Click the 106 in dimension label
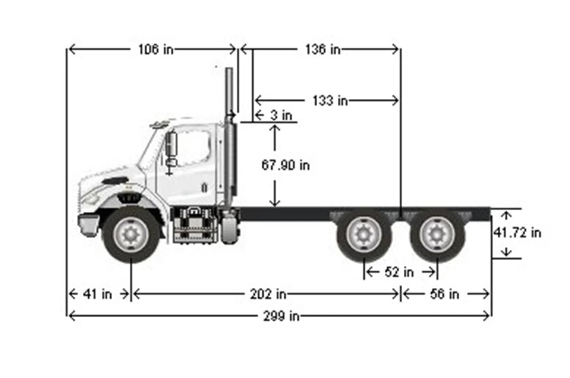[x=155, y=49]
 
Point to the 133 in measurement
[x=330, y=101]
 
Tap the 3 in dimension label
[x=280, y=115]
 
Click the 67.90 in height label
[x=285, y=165]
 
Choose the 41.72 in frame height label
[x=517, y=233]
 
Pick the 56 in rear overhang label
[x=444, y=294]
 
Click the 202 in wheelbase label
[x=268, y=294]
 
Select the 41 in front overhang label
[x=97, y=294]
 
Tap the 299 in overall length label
[x=282, y=316]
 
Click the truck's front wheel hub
[x=130, y=234]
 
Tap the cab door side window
[x=192, y=147]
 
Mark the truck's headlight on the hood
[x=114, y=181]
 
